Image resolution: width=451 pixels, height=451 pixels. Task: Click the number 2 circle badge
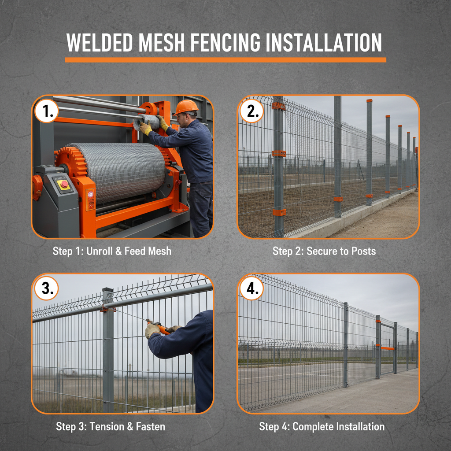(252, 112)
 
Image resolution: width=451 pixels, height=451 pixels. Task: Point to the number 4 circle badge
(252, 289)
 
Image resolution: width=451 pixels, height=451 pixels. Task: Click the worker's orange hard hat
(186, 107)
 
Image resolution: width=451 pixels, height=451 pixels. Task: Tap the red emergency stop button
(64, 184)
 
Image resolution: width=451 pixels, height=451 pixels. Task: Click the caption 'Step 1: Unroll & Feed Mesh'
(112, 251)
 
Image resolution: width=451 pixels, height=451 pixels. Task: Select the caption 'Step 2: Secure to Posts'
(324, 251)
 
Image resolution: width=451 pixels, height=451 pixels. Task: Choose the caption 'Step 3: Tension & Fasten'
(111, 426)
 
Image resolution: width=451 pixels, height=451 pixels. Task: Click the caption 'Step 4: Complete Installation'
(322, 426)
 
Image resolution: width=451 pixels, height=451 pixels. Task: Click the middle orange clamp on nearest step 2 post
(279, 153)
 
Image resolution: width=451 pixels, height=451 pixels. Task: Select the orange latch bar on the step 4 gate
(388, 348)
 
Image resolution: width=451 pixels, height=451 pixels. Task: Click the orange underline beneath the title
(225, 60)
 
